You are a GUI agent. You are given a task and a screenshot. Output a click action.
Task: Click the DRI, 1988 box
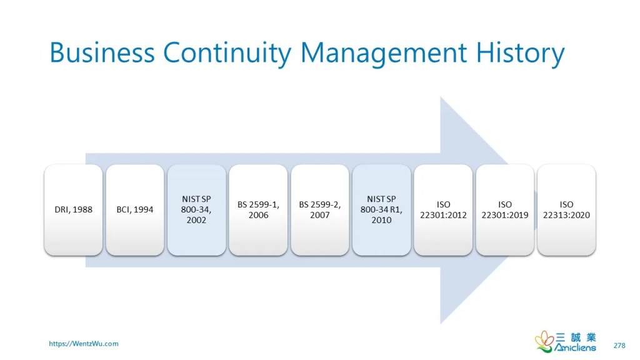[x=74, y=210]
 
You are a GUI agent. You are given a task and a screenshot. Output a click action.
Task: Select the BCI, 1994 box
[x=135, y=210]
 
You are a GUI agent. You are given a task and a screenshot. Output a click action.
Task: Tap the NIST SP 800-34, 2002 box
[x=197, y=210]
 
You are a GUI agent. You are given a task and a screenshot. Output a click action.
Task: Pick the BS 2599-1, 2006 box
[x=258, y=210]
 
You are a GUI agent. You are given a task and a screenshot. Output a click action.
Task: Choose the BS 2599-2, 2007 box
[x=320, y=210]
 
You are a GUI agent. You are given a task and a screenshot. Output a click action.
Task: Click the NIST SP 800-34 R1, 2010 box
[x=382, y=210]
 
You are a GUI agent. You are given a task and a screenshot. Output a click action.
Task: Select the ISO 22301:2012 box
[x=443, y=210]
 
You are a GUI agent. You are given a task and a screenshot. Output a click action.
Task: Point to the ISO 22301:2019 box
[x=505, y=210]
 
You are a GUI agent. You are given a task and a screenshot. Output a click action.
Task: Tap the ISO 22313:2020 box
[x=566, y=210]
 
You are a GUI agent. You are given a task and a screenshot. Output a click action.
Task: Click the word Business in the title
[x=102, y=52]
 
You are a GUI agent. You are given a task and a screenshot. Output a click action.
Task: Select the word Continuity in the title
[x=227, y=54]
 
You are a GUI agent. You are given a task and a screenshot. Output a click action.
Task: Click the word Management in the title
[x=384, y=54]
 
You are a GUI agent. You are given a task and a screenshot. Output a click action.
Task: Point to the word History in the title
[x=521, y=54]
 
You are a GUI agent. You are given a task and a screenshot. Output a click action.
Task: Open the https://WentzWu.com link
[x=84, y=344]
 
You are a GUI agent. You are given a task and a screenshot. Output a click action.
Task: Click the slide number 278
[x=619, y=345]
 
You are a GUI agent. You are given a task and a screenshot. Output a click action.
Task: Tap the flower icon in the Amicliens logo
[x=544, y=341]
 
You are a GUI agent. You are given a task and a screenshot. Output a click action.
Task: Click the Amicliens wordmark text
[x=575, y=347]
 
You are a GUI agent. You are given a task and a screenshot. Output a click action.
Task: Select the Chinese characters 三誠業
[x=576, y=337]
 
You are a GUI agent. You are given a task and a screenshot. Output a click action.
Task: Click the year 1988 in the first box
[x=82, y=209]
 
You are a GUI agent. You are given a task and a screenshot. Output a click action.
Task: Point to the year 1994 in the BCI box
[x=143, y=209]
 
